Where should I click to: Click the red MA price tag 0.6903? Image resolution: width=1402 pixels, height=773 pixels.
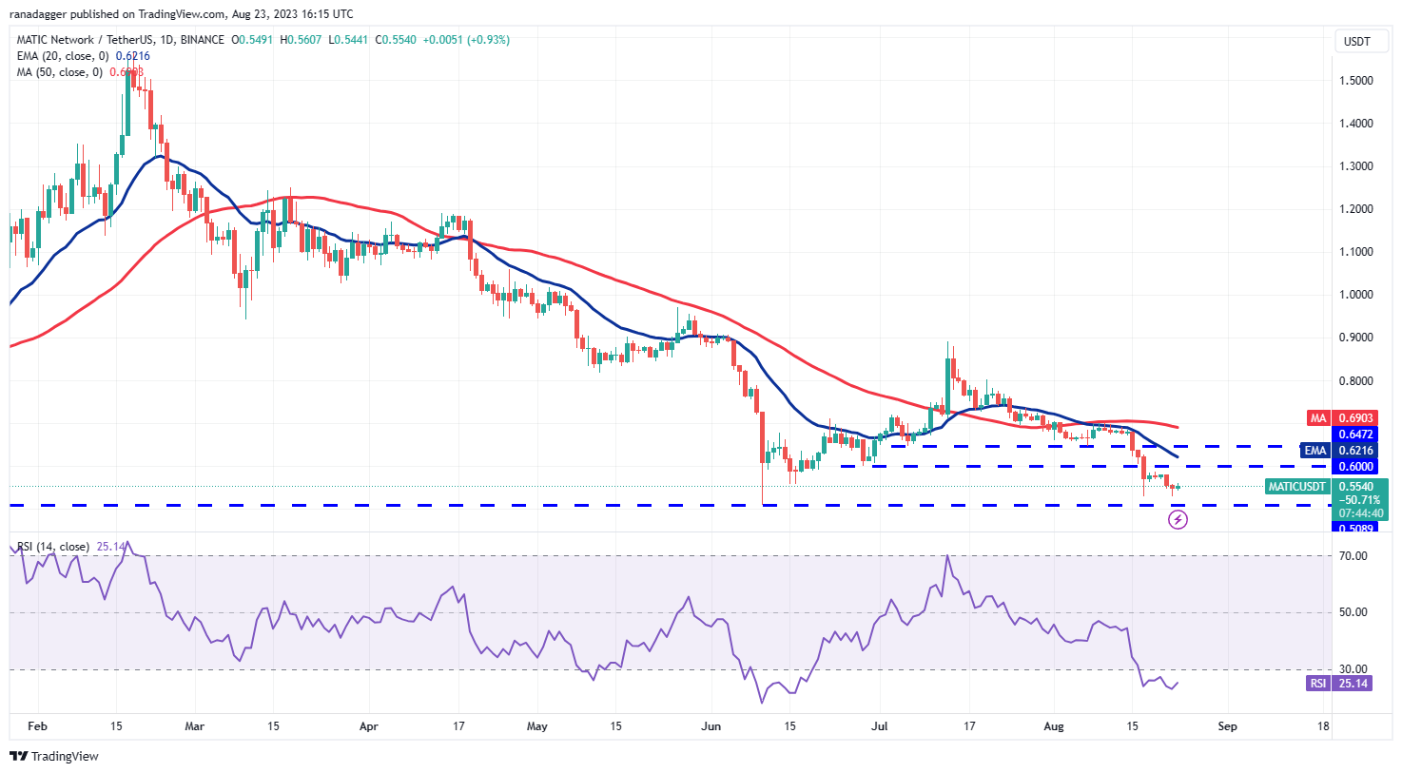click(1354, 418)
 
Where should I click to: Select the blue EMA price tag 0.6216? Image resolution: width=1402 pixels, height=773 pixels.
click(1354, 451)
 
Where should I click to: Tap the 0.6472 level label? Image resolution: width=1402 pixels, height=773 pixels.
click(1355, 435)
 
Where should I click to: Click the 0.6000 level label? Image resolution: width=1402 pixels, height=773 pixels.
click(1355, 467)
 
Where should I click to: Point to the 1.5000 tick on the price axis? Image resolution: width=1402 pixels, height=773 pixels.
click(1355, 81)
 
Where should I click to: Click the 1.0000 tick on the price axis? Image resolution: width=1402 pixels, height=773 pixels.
click(1355, 295)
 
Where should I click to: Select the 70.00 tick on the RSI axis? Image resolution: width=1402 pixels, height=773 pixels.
click(1353, 556)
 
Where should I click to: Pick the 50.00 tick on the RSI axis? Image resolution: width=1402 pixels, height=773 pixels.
click(1353, 612)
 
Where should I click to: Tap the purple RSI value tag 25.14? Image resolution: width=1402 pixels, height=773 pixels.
click(1353, 684)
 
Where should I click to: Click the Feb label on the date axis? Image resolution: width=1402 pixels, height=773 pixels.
click(37, 726)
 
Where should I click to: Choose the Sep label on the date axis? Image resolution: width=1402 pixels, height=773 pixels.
click(1228, 726)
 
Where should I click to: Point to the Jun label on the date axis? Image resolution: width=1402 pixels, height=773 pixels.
click(711, 726)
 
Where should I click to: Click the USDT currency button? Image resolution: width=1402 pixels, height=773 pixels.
click(1357, 41)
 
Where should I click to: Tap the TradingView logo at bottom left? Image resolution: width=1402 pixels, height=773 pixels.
click(54, 757)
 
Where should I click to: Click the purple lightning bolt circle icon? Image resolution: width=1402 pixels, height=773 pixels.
click(1178, 519)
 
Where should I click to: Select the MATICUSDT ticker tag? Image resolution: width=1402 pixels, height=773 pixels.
click(1296, 487)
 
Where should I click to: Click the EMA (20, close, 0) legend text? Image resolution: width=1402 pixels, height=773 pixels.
click(63, 56)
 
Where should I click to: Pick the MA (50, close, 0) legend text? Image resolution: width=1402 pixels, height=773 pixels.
click(59, 72)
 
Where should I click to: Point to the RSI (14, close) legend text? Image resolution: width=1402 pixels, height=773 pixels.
click(53, 547)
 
